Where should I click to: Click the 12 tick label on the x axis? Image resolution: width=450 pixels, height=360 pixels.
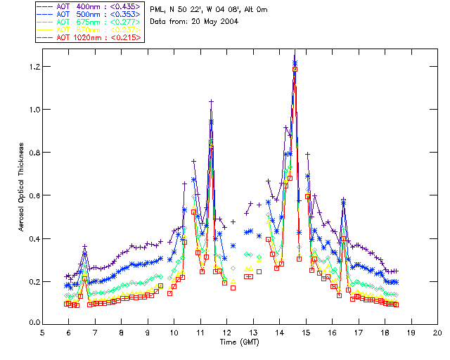point(226,333)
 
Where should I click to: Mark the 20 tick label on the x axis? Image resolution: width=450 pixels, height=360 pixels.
point(437,333)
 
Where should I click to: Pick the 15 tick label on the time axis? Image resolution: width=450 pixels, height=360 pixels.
point(306,333)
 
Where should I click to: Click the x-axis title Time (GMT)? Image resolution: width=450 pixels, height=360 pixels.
point(240,342)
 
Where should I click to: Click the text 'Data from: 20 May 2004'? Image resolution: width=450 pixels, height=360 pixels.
point(194,21)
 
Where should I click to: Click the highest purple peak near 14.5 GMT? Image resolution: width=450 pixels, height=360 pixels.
point(295,56)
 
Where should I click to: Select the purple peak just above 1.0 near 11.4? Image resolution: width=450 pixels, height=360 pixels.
point(211,101)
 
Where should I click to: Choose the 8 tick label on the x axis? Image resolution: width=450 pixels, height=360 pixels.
point(121,333)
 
